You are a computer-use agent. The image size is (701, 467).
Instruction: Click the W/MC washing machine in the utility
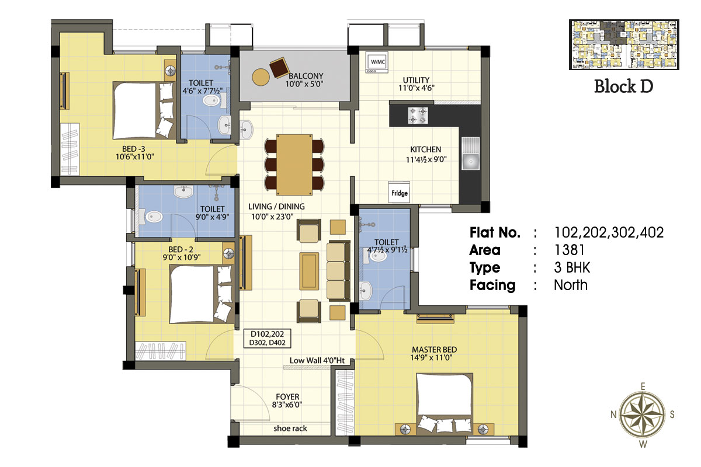tap(377, 62)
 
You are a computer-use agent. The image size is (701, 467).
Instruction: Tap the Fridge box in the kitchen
tap(399, 193)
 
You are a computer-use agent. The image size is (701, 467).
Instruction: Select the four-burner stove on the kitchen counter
tap(418, 116)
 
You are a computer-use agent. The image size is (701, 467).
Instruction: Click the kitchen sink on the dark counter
tap(470, 154)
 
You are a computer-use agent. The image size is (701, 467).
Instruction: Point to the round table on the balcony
tap(261, 77)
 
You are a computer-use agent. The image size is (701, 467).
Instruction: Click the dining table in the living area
tap(294, 165)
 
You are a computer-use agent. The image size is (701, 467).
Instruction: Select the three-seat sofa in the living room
tap(338, 271)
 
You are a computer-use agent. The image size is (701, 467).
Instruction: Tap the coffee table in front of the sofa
tap(309, 271)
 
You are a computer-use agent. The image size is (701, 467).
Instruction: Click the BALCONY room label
tap(306, 76)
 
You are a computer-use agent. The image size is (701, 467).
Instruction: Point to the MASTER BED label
tap(434, 350)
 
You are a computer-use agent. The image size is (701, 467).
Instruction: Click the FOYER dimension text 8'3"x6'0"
tap(287, 405)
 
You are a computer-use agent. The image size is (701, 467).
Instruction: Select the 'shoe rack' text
tap(290, 428)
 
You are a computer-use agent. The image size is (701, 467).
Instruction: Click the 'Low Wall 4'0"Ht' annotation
tap(317, 360)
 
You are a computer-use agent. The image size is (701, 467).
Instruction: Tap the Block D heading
tap(623, 86)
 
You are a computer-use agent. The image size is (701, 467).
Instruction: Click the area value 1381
tap(569, 250)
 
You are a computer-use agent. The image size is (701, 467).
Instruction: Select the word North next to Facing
tap(571, 285)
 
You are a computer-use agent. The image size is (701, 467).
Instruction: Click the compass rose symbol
tap(643, 415)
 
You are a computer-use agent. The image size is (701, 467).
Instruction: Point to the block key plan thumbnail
tap(624, 44)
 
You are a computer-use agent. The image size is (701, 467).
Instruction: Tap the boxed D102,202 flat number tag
tap(268, 339)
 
